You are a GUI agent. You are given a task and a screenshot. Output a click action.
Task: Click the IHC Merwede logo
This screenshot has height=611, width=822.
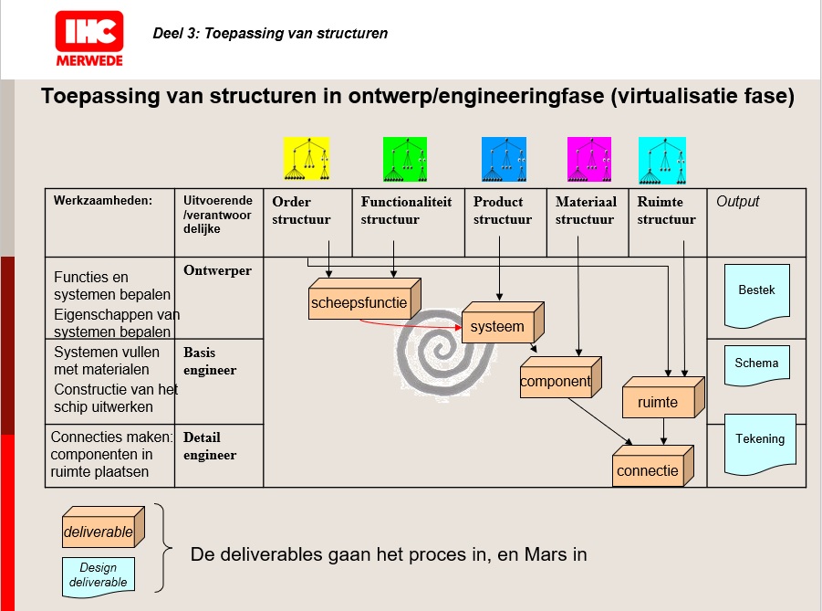(x=88, y=38)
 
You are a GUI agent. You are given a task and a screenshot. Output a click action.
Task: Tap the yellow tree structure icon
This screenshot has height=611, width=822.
(x=306, y=159)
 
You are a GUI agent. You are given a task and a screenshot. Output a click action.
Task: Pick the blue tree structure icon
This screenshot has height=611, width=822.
(x=504, y=159)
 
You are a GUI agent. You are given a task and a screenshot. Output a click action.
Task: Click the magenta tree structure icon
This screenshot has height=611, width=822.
(x=589, y=159)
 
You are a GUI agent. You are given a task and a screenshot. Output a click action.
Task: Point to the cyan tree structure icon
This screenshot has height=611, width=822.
(x=661, y=159)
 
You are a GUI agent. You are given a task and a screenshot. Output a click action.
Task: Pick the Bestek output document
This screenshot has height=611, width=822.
(x=755, y=293)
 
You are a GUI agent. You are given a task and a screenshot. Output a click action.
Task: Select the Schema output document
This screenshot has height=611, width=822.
(x=756, y=364)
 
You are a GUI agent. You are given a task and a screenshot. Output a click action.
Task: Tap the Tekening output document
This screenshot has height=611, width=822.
(x=759, y=441)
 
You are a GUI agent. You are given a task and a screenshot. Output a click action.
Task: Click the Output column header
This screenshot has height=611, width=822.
(x=737, y=202)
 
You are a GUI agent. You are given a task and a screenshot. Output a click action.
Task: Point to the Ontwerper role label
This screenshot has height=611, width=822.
(x=217, y=270)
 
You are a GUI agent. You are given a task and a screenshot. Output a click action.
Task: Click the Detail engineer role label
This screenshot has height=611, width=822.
(x=210, y=446)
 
